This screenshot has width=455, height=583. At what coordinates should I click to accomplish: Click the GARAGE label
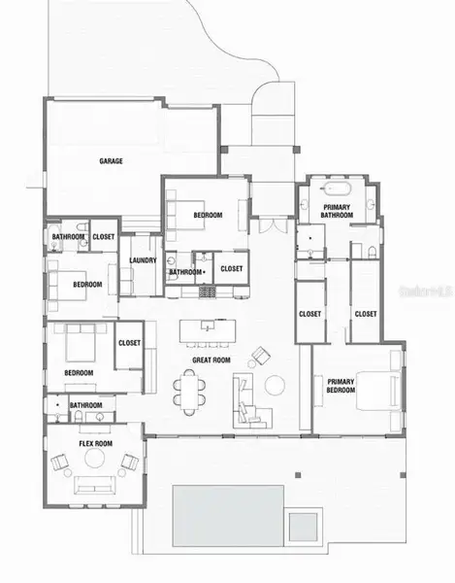pyautogui.click(x=112, y=160)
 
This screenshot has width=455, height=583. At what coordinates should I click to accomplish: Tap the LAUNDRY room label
pyautogui.click(x=144, y=260)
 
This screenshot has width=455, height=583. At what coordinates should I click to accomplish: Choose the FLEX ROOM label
pyautogui.click(x=95, y=443)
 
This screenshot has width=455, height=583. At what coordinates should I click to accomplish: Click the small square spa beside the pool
pyautogui.click(x=303, y=527)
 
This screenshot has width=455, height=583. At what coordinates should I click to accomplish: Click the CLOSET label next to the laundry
pyautogui.click(x=232, y=268)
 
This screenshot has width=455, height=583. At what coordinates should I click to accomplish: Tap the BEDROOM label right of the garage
pyautogui.click(x=208, y=215)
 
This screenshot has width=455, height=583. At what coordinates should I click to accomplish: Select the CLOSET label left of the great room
pyautogui.click(x=130, y=342)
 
